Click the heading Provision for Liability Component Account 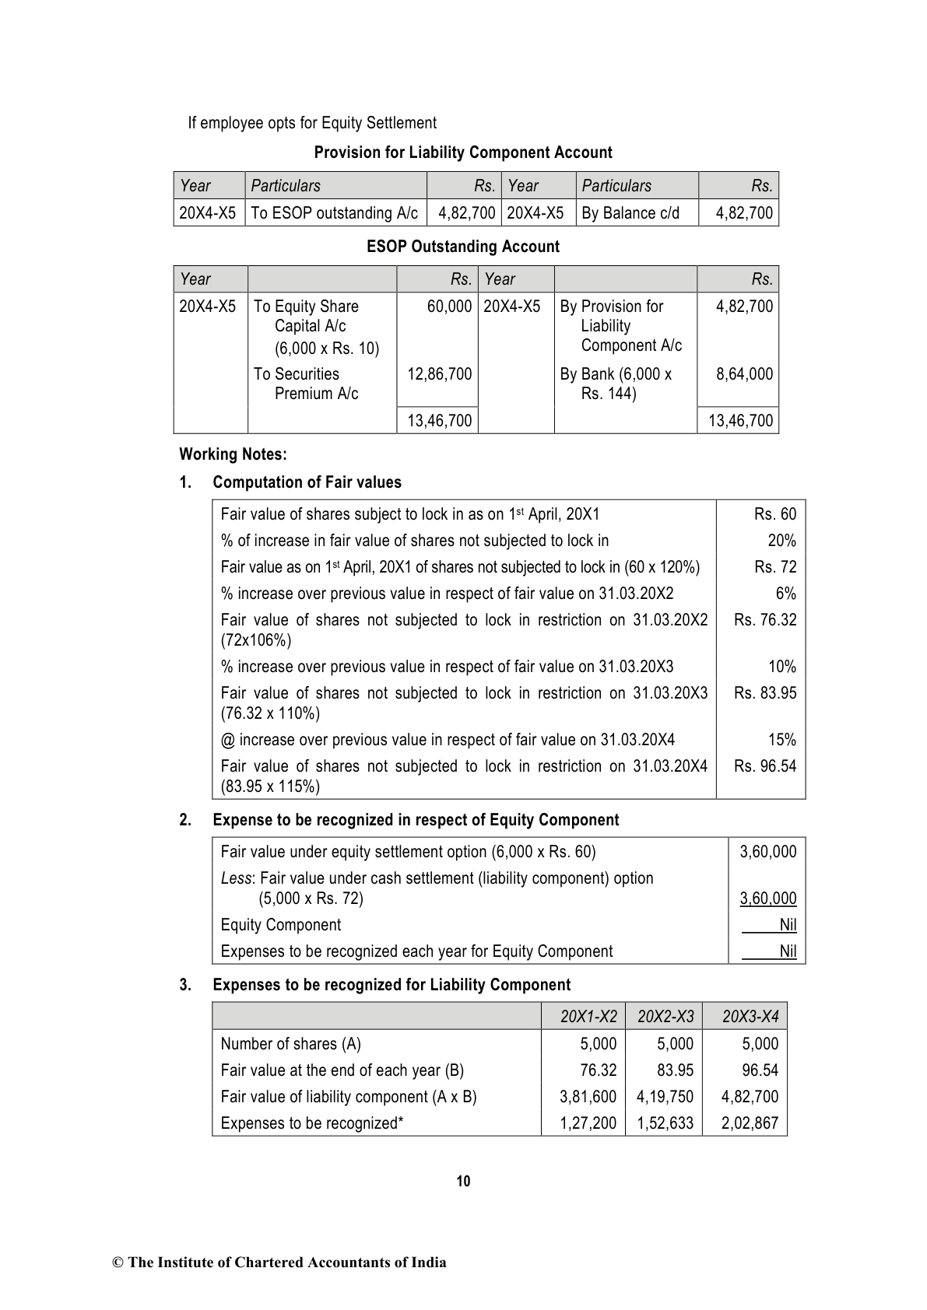point(463,152)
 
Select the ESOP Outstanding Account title point(463,247)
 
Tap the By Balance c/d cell point(630,213)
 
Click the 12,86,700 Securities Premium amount point(439,374)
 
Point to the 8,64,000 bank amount point(744,374)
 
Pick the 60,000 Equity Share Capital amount point(449,306)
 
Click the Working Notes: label point(233,454)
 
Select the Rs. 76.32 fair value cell point(765,620)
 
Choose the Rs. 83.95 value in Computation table point(765,693)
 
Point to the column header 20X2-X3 point(665,1017)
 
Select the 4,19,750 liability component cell point(665,1097)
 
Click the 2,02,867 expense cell point(750,1123)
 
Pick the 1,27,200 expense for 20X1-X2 point(588,1123)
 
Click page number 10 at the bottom point(463,1182)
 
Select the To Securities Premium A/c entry point(305,384)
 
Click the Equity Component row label point(281,925)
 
